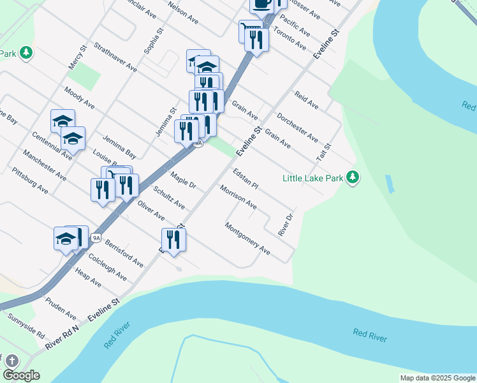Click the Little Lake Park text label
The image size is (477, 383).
coord(312,178)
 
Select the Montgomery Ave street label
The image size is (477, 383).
coord(247,239)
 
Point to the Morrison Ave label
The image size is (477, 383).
coord(238,198)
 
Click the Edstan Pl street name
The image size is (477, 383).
coord(246,179)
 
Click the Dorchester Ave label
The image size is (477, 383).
coord(298,128)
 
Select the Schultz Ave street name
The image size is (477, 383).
coord(170,198)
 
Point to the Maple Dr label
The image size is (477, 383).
coord(183,180)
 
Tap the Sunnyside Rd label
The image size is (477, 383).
coord(26,326)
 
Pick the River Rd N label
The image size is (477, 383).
coord(62,337)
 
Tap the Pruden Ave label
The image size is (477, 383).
coord(61,308)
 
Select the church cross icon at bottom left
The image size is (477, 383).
coord(11,361)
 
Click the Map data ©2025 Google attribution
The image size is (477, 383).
coord(437,378)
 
